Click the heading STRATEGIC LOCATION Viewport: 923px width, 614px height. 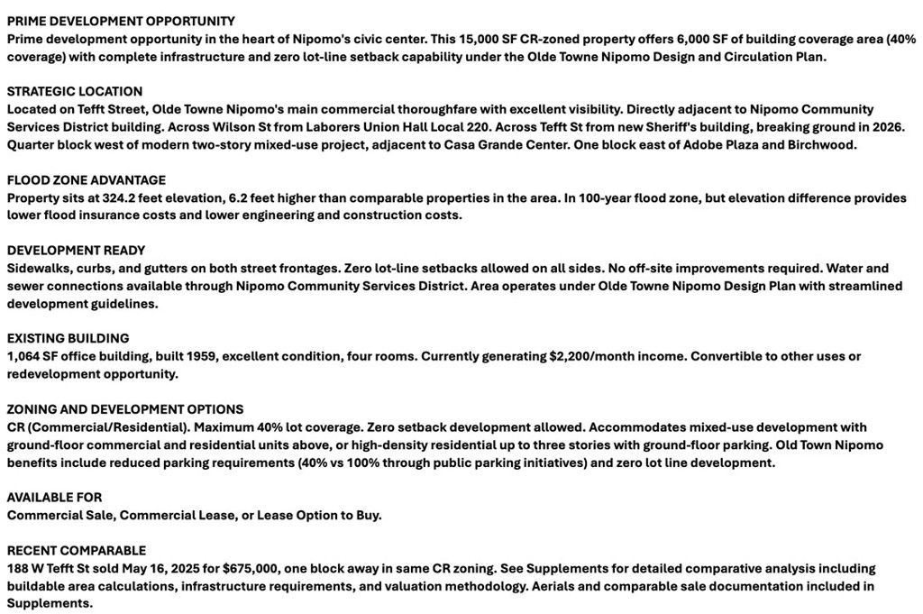point(75,91)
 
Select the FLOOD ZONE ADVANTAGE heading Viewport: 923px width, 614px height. point(87,180)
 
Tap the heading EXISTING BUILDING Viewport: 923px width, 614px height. point(69,338)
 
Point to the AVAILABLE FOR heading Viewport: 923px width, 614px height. point(54,497)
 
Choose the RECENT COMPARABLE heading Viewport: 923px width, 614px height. point(77,550)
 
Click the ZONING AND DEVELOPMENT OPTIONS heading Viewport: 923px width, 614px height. point(125,409)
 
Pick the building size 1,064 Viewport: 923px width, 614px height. point(24,356)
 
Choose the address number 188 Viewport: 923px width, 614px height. point(18,568)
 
